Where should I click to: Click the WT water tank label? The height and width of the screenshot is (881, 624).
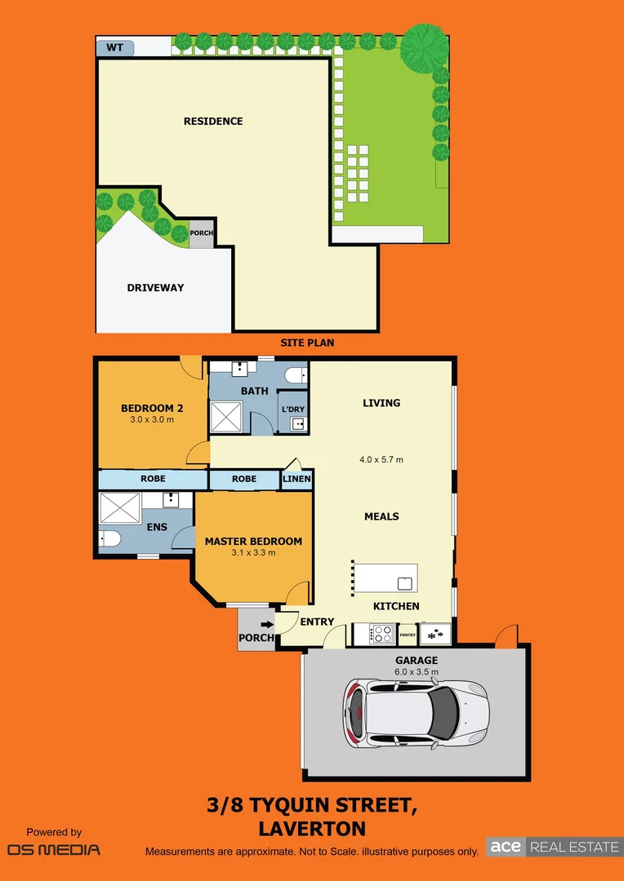coord(114,47)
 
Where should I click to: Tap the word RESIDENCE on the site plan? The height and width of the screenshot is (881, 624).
coord(213,122)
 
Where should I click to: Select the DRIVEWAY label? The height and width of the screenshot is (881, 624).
coord(155,288)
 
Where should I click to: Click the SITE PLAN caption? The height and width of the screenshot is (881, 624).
coord(307,343)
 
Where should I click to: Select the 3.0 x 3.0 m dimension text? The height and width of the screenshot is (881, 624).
coord(152,420)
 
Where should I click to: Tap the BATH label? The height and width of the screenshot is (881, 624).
coord(254,392)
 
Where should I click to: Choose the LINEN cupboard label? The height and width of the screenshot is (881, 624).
coord(296,479)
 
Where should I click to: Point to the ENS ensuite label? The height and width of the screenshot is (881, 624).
coord(157,527)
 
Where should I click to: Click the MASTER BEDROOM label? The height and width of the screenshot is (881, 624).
coord(253,541)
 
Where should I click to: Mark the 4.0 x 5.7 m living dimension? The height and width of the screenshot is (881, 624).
coord(381,460)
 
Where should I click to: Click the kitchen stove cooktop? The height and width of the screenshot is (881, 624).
coord(381,633)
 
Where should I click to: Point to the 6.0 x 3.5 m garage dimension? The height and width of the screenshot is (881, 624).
coord(417,672)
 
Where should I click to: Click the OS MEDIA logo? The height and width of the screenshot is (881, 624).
coord(54,849)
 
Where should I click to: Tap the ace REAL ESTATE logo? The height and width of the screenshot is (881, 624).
coord(554,847)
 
